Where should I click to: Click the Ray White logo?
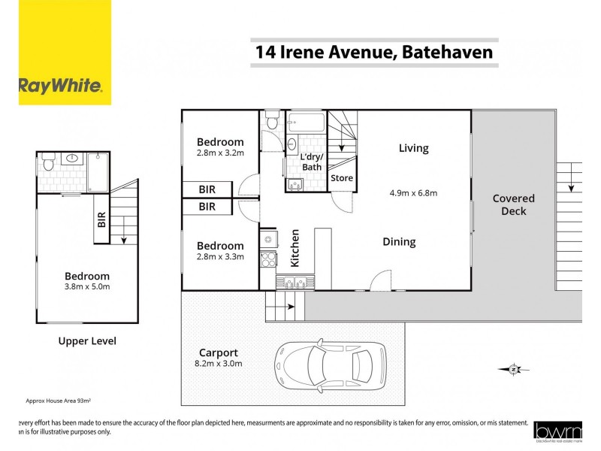(59, 85)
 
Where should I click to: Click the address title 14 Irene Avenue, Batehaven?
(374, 53)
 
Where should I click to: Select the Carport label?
(219, 352)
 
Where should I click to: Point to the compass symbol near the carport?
(512, 369)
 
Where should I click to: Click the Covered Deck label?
(514, 204)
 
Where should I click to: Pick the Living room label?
(413, 148)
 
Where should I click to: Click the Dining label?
(399, 242)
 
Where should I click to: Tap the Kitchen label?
(295, 248)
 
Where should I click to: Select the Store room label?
(341, 178)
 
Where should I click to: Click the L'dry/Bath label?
(311, 162)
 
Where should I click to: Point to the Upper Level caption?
(87, 341)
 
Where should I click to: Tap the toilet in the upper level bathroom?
(48, 161)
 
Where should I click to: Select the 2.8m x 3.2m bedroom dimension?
(220, 153)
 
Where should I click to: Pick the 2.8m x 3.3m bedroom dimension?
(220, 257)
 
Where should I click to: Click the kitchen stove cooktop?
(268, 260)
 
